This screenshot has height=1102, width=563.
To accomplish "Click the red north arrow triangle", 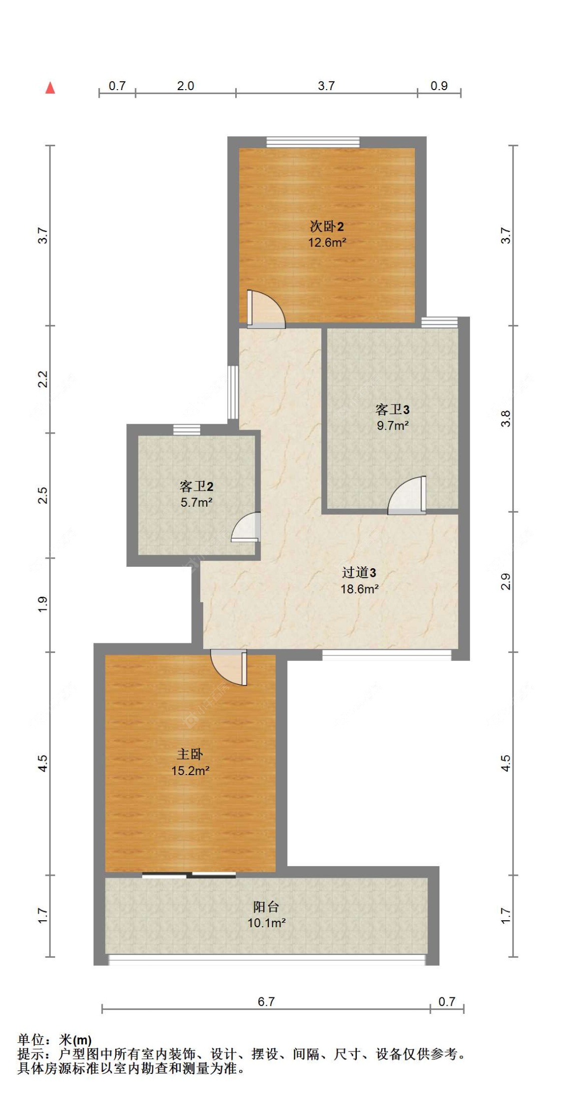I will tap(50, 88).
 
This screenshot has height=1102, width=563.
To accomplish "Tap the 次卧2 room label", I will tap(326, 226).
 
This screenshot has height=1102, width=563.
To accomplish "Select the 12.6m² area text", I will tap(327, 243).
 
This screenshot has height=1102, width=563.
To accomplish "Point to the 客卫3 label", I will tap(392, 410).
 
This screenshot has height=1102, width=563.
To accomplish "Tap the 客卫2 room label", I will tap(196, 486).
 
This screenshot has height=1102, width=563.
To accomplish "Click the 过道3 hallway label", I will tap(359, 572).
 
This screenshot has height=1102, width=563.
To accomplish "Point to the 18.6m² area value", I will tap(359, 589).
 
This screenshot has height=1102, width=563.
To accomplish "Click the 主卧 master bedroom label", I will tap(190, 754).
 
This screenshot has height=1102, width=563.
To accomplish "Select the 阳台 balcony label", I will tap(266, 906).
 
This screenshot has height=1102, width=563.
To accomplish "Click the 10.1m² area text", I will tap(266, 923).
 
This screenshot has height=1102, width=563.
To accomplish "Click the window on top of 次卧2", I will tap(313, 142).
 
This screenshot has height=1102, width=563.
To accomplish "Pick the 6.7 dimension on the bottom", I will tap(266, 1001).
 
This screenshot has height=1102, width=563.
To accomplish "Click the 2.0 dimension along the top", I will tap(185, 86).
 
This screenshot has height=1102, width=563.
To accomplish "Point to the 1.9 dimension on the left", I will tap(43, 604).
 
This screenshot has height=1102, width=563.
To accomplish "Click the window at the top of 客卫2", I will tap(187, 430).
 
